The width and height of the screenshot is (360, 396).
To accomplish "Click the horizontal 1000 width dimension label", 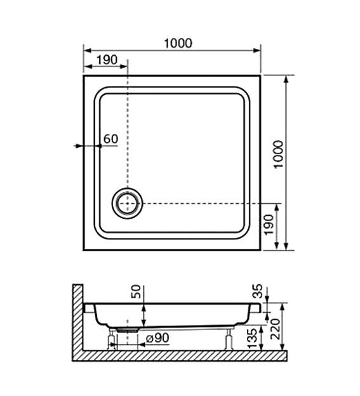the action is (178, 43).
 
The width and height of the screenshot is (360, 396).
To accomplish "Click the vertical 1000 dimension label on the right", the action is (279, 154).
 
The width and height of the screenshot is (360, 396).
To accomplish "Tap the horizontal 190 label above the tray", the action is (107, 60).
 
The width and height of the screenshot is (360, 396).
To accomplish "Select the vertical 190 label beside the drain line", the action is (269, 224).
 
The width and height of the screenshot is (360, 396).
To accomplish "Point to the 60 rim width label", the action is (110, 139).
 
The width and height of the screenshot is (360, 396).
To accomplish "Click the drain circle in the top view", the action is (128, 203).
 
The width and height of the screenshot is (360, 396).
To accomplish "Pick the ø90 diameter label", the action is (157, 338).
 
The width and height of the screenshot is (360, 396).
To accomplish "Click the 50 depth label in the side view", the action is (136, 291).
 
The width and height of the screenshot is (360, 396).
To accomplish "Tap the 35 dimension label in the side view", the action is (257, 291).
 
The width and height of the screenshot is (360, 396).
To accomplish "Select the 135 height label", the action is (253, 338).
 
